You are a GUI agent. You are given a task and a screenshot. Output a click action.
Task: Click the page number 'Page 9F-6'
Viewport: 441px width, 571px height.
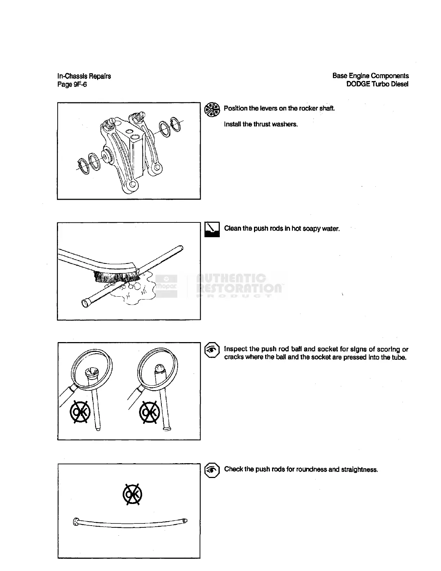(72, 85)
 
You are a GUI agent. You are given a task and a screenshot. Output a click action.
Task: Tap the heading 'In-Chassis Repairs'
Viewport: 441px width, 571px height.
(84, 76)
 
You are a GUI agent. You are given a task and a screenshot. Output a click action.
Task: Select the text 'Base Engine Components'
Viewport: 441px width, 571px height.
(370, 76)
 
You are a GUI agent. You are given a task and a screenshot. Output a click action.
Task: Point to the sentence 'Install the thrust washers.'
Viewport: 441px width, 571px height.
(261, 124)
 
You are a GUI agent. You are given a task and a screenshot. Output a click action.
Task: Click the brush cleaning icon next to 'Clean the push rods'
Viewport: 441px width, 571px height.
(212, 229)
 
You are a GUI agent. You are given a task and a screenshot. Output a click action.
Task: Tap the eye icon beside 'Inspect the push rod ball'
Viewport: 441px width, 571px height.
(212, 350)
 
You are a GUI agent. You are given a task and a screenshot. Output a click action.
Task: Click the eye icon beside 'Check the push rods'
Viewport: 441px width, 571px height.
(212, 470)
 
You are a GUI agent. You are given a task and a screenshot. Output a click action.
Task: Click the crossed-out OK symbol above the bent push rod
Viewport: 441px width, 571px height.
(132, 495)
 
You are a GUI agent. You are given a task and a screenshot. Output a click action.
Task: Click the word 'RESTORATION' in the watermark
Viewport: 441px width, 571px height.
(239, 288)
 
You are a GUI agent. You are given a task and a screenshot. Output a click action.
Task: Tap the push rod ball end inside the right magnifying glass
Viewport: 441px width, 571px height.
(159, 368)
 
